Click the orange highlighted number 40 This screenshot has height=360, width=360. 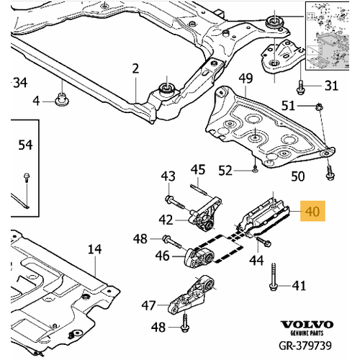click(x=312, y=212)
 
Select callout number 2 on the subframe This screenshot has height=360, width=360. click(x=135, y=69)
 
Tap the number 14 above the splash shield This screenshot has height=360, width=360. click(x=94, y=250)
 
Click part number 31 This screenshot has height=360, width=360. click(x=330, y=86)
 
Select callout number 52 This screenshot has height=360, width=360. click(x=226, y=171)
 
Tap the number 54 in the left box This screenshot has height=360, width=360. click(x=25, y=145)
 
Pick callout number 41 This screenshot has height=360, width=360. click(x=298, y=286)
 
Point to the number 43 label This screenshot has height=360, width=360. click(x=167, y=176)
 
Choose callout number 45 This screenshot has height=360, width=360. click(x=198, y=170)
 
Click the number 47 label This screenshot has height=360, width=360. click(x=148, y=305)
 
